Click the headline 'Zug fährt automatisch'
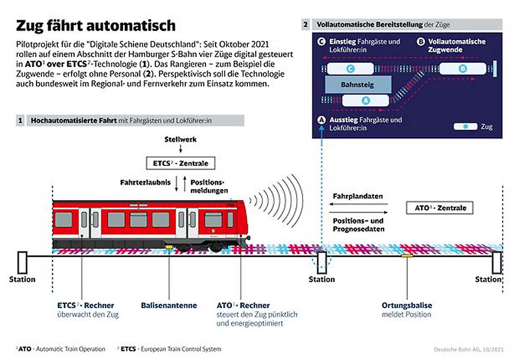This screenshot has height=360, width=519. point(95,25)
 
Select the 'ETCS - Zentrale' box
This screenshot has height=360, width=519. point(181,164)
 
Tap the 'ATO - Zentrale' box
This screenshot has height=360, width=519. point(439,208)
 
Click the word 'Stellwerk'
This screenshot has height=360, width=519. point(181,139)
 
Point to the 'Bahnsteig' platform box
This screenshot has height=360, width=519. point(357,84)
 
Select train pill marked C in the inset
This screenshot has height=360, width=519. point(350,68)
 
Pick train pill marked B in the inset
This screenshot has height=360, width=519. point(462,68)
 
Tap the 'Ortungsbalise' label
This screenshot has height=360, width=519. point(407,305)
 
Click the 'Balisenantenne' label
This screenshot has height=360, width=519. point(169,305)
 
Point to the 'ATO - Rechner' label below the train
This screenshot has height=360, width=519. point(243,305)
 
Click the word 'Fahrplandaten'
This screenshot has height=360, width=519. point(357,196)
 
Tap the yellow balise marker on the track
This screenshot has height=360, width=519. point(407,256)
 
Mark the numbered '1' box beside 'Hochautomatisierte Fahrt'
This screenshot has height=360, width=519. point(20,121)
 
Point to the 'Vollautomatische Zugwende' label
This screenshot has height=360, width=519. point(457,46)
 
